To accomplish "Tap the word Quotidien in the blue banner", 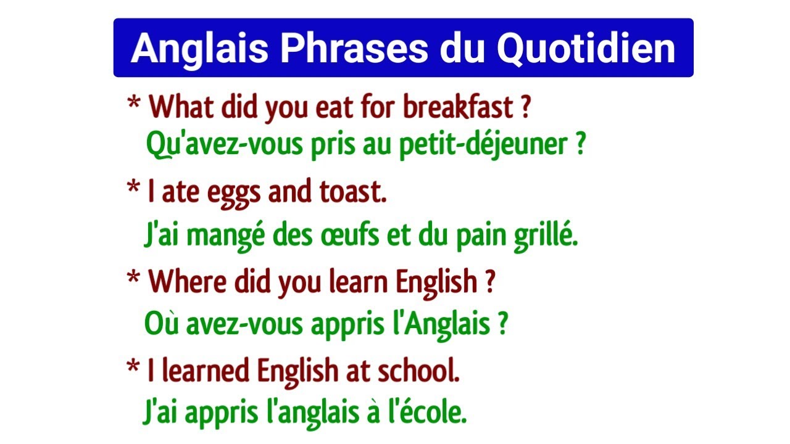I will (x=586, y=49).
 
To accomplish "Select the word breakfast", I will (x=458, y=109).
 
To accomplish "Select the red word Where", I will (x=188, y=282).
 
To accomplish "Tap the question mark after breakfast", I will (x=525, y=109).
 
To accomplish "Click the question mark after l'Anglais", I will (x=502, y=324).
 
